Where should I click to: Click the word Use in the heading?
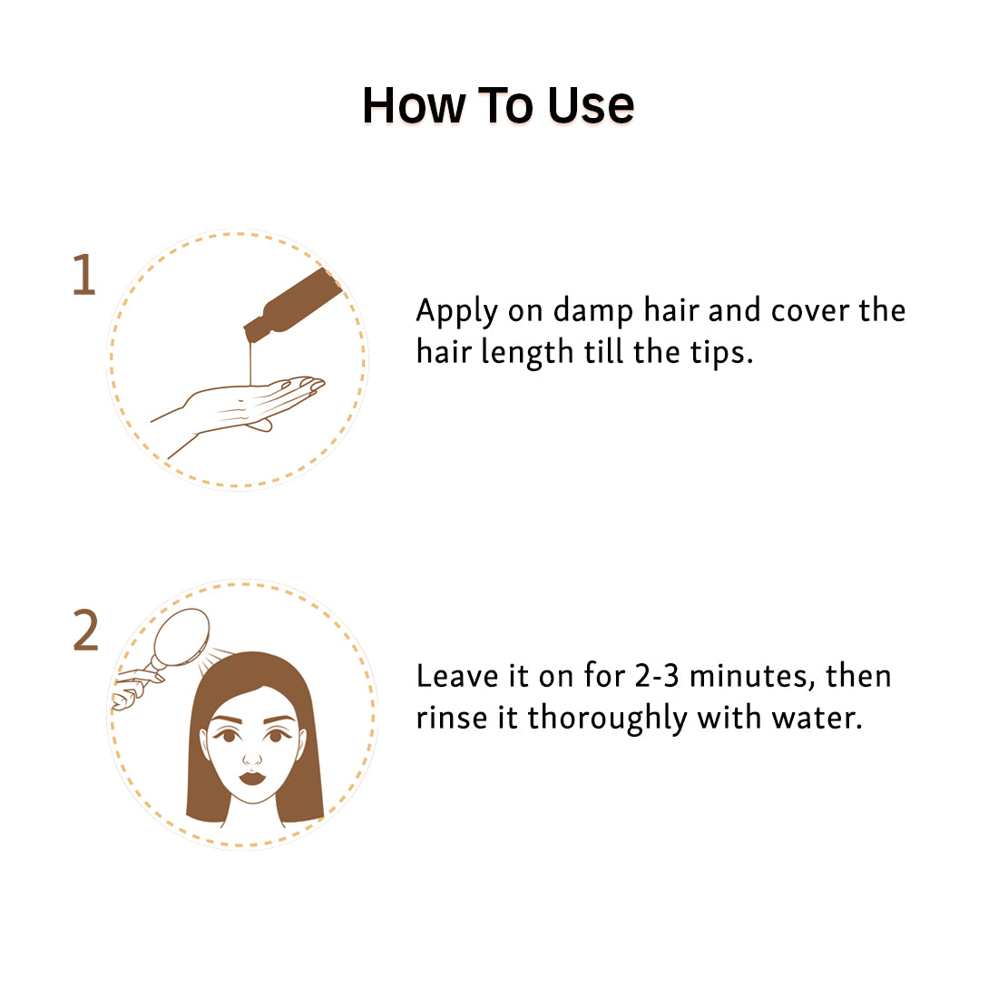[x=591, y=105]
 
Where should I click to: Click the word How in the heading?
[x=415, y=105]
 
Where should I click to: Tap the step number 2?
[x=85, y=631]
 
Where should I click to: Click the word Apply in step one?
[x=456, y=312]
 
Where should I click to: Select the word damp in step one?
[x=593, y=312]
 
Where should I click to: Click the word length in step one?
[x=527, y=353]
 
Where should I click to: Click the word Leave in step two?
[x=457, y=676]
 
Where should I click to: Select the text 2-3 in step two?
[x=657, y=676]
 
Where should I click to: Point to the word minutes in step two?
[x=752, y=677]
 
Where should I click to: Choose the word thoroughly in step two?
[x=607, y=719]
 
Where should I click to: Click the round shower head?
[x=182, y=637]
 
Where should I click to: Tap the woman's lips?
[x=252, y=778]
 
